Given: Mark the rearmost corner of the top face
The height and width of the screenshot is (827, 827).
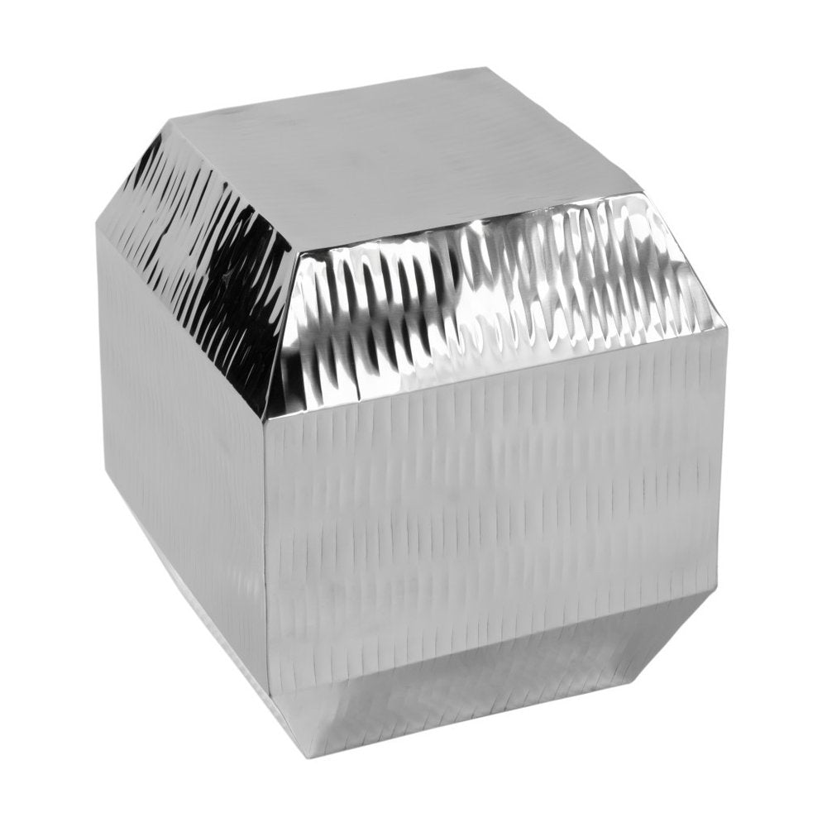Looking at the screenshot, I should tap(484, 68).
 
